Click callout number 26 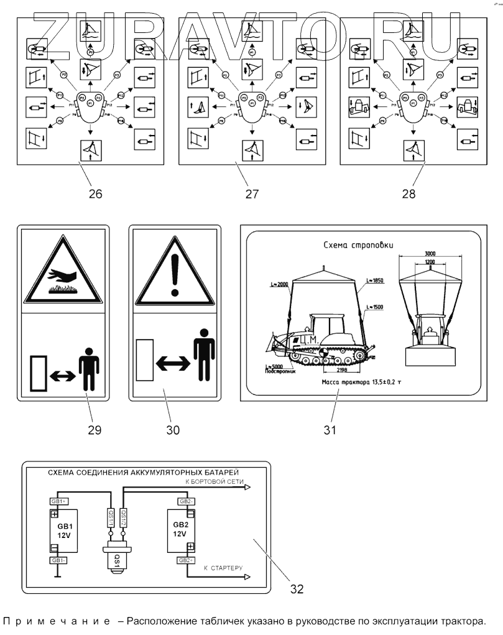point(95,193)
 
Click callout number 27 point(251,193)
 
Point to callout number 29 point(95,430)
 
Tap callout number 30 point(174,430)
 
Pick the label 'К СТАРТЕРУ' point(223,568)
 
